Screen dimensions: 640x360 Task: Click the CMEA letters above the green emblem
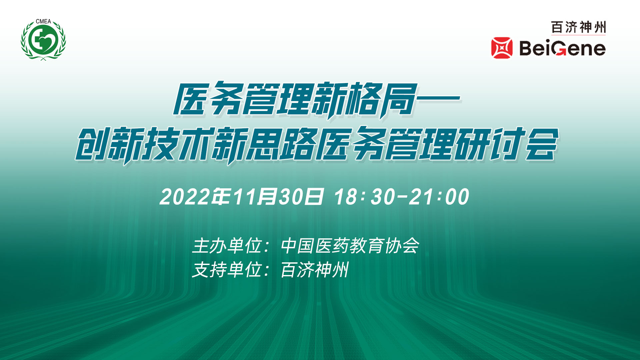(x=43, y=21)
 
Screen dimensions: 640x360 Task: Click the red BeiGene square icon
(x=502, y=48)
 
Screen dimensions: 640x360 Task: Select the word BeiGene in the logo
(x=562, y=48)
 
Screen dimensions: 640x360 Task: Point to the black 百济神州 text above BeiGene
(x=578, y=27)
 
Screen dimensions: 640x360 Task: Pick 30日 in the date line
(x=301, y=197)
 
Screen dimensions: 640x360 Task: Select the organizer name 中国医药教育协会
(x=350, y=246)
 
